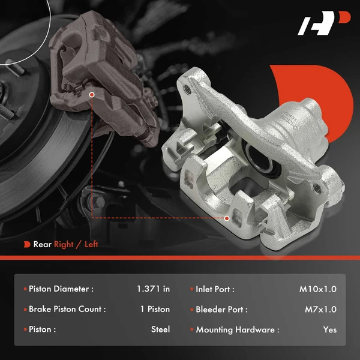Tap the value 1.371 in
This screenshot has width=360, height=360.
[153, 289]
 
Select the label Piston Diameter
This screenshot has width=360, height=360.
[61, 289]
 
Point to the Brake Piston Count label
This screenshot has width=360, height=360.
[67, 310]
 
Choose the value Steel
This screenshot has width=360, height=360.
[160, 329]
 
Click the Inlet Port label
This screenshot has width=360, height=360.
[215, 289]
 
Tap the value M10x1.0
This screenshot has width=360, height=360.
[318, 289]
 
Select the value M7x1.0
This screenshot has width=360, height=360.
[320, 310]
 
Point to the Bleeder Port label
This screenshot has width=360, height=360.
[221, 310]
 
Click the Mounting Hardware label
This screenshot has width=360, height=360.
[237, 329]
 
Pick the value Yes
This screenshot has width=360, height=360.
[329, 329]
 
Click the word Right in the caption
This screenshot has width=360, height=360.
[64, 244]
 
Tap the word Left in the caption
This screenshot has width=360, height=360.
[91, 244]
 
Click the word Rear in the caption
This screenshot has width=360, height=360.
[42, 244]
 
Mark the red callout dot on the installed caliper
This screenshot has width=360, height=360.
[91, 94]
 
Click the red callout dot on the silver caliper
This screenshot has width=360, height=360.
[227, 218]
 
